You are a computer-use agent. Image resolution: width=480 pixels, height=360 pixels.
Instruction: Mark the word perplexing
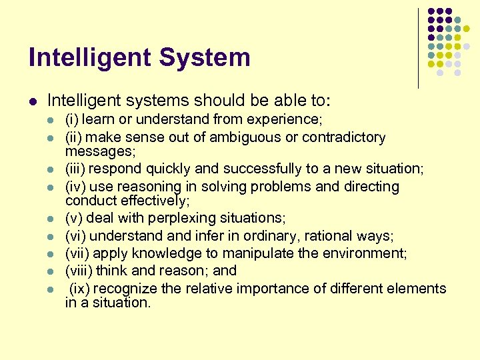[x=174, y=218]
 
